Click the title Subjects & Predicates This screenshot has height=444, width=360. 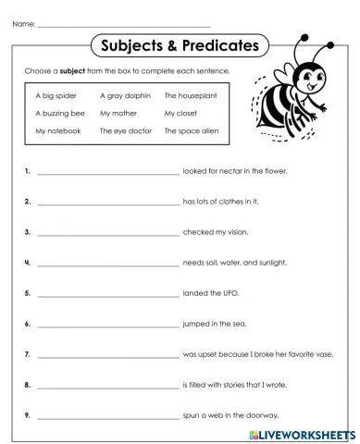179,45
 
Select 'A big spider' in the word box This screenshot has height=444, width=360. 56,94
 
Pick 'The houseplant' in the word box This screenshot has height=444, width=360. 190,94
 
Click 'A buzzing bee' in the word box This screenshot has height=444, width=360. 59,113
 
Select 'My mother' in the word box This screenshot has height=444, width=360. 118,113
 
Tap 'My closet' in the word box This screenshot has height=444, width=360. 180,113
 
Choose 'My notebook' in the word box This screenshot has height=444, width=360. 58,131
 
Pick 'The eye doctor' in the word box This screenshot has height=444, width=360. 125,131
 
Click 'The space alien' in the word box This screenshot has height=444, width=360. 191,131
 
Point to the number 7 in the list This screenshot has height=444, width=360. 28,353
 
